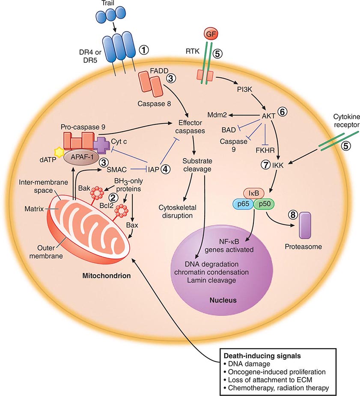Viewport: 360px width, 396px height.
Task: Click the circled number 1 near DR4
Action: click(x=144, y=50)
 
